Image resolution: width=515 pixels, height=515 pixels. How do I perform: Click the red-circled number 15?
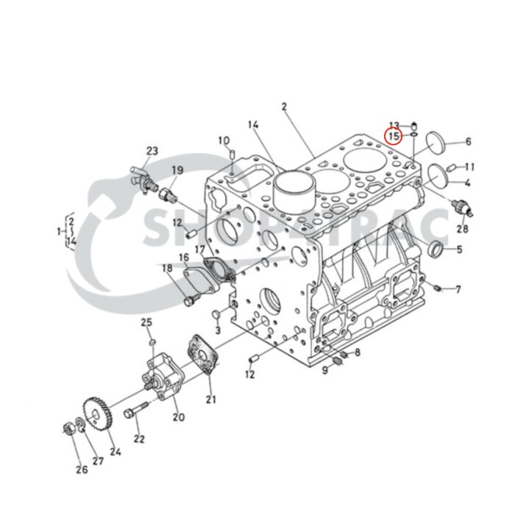(394, 136)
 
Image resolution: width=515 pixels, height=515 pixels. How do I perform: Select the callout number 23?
(152, 152)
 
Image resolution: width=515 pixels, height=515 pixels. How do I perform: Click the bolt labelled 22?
(139, 409)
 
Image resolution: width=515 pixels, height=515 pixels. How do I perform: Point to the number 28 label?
(462, 229)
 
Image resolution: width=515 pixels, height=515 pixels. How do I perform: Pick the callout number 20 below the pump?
(178, 417)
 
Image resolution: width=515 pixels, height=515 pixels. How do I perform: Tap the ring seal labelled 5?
(436, 248)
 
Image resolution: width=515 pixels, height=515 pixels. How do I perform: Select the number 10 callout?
(224, 140)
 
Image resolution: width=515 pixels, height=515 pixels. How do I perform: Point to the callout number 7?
(458, 289)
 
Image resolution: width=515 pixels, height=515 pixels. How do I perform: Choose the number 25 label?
(146, 323)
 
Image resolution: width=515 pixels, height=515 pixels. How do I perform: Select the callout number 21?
(211, 399)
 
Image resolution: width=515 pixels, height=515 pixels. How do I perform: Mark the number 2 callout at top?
(284, 107)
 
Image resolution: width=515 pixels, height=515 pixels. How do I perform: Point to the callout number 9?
(324, 369)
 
